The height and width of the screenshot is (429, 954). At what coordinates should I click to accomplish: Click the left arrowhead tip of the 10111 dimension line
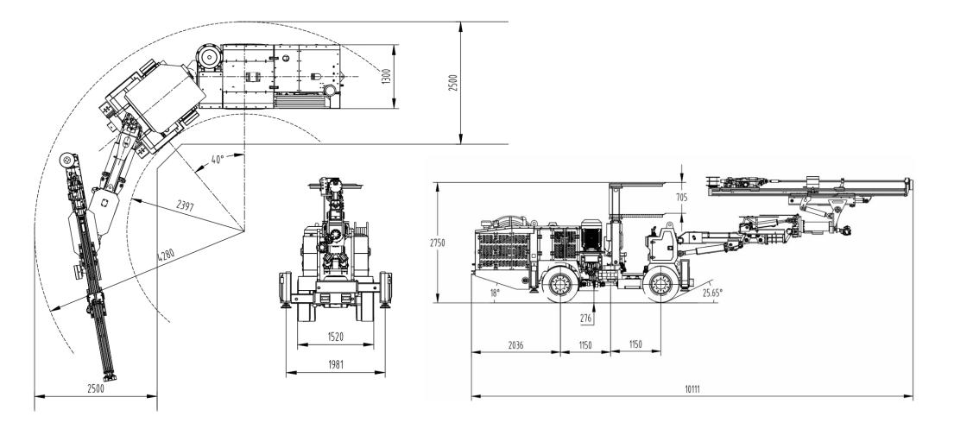pos(472,397)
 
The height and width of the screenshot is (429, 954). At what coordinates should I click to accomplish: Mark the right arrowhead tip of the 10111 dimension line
pos(913,397)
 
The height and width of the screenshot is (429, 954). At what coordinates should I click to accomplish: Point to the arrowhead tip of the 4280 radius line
pos(50,311)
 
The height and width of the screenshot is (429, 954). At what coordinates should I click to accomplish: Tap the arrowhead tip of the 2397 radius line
pos(131,200)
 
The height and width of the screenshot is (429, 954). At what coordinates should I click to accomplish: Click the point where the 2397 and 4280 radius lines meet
pos(244,231)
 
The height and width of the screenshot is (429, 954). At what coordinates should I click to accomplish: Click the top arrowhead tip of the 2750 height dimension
pos(437,182)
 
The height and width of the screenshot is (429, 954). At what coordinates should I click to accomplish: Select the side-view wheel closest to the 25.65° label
pos(661,284)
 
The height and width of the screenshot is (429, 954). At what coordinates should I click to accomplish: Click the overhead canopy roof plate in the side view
pos(645,183)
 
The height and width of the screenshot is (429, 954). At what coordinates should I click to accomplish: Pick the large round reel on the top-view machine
pos(208,57)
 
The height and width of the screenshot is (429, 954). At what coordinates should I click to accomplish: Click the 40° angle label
pos(218,159)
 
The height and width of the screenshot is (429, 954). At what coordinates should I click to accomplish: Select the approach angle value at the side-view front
pos(712,293)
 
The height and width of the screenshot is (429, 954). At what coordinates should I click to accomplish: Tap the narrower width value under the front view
pos(335,336)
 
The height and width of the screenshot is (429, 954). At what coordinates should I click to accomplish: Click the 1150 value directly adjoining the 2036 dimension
pos(585,345)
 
